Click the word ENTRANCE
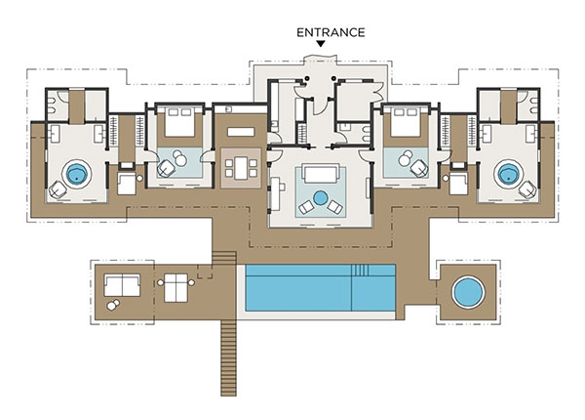coord(331,33)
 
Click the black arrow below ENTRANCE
coord(321,44)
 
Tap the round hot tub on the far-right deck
coord(468,292)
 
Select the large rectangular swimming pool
coord(321,288)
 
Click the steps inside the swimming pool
coord(361,271)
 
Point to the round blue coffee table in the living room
coord(321,198)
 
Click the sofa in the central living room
coord(321,174)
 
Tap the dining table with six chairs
coord(241,168)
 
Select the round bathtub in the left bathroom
coord(77,174)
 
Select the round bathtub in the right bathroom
coord(508,174)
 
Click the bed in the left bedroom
coord(180,121)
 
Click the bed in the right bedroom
coord(406,121)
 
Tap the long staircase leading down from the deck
coord(228,357)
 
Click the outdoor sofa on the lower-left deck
coord(122,285)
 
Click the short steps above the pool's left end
coord(224,258)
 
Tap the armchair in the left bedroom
coord(167,168)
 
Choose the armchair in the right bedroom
coord(419,168)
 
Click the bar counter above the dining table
coord(241,132)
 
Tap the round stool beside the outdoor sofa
coord(113,305)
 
